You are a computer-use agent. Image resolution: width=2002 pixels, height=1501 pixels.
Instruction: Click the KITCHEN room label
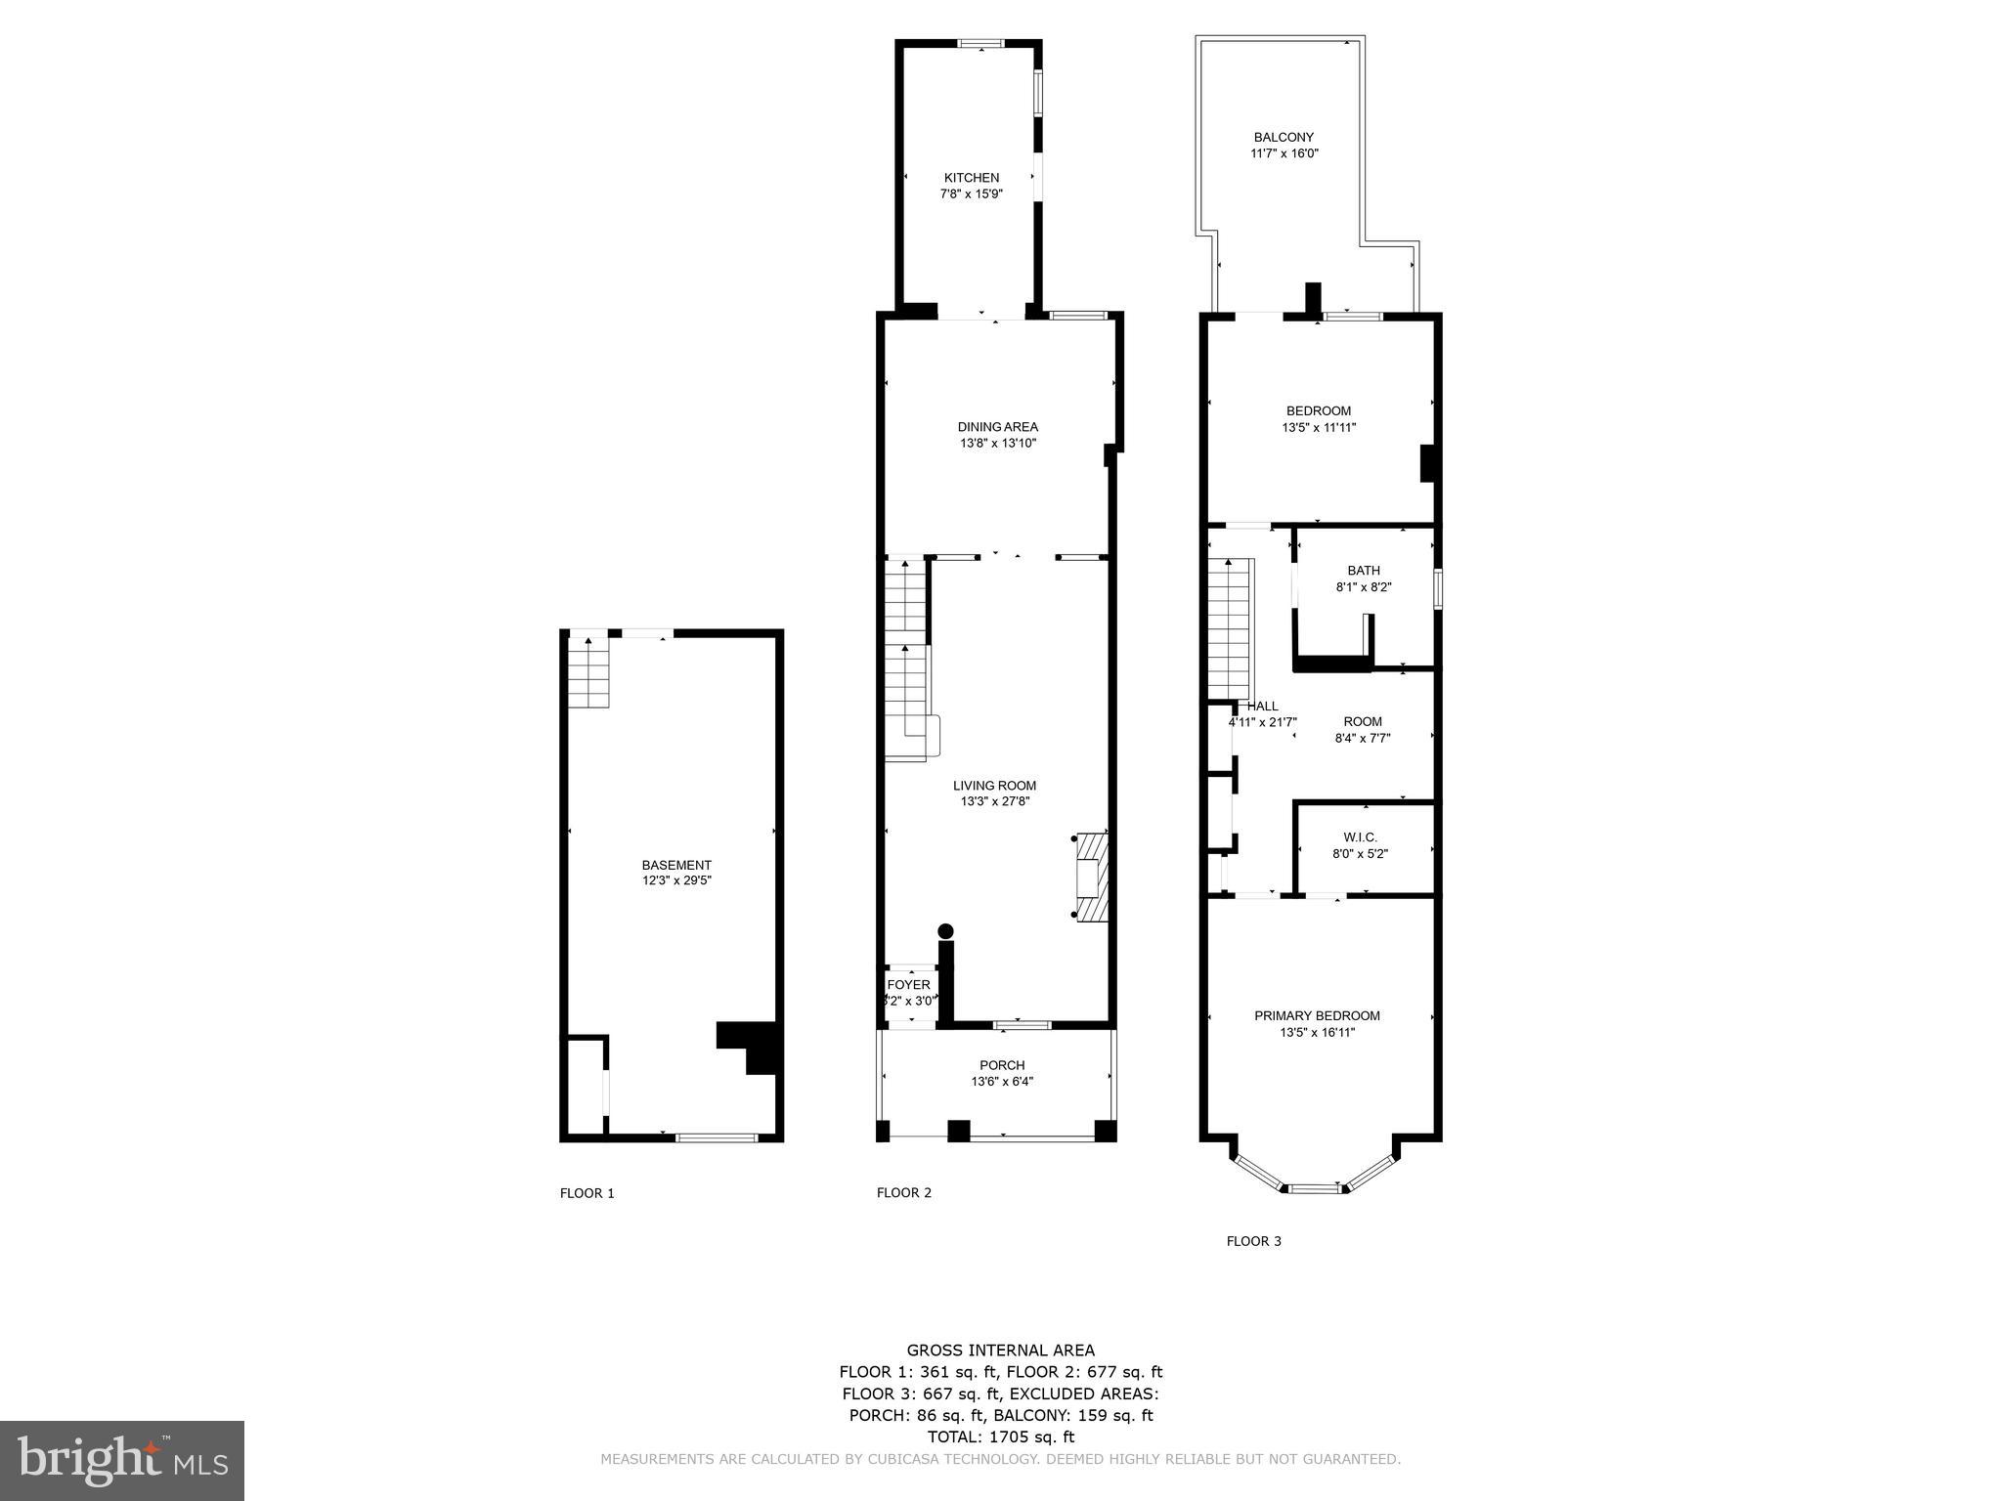971,178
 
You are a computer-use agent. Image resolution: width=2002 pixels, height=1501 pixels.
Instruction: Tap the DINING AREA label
997,427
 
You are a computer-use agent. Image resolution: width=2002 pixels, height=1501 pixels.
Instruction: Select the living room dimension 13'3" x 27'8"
994,801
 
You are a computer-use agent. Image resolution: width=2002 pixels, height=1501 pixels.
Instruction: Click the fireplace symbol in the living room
1092,877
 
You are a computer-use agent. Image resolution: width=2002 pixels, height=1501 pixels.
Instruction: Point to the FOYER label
909,985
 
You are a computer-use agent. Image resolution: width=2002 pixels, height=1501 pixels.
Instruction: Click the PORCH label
1002,1065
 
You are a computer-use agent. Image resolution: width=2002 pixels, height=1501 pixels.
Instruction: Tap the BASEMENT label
676,865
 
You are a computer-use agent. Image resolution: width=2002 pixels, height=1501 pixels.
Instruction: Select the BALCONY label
1284,138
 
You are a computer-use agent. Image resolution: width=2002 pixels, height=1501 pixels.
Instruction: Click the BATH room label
1364,571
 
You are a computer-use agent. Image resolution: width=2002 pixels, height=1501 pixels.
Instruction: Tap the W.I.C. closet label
1360,837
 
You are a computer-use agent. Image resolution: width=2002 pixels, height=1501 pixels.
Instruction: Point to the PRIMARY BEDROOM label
1317,1016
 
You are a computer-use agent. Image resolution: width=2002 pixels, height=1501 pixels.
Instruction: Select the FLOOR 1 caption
587,1193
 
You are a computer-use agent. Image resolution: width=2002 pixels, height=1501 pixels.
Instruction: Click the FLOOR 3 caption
1253,1241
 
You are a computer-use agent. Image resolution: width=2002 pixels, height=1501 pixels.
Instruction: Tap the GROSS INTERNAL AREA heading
1000,1351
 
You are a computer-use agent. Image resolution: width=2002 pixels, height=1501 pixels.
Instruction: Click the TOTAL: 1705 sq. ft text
1000,1437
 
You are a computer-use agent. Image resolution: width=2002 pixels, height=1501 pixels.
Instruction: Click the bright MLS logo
122,1461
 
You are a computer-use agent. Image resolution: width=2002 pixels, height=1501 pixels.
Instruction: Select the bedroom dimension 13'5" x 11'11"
1319,427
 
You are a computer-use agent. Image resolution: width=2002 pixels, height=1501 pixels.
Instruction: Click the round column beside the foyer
945,930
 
